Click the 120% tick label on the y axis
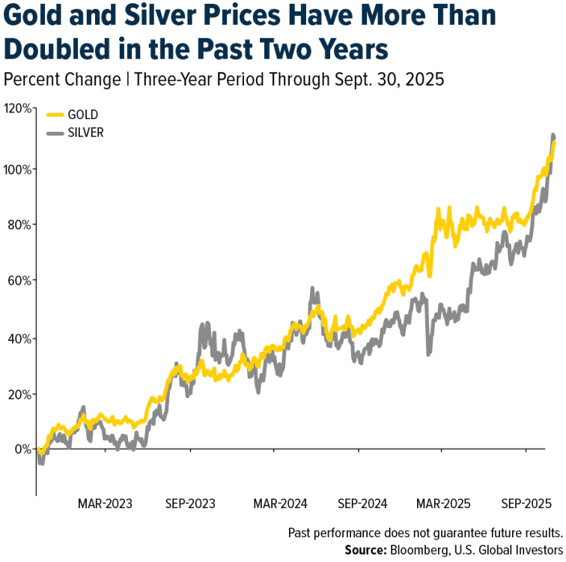(x=16, y=109)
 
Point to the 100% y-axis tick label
(x=16, y=168)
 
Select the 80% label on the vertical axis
(x=19, y=224)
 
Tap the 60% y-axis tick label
(x=19, y=281)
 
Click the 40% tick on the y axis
(x=19, y=338)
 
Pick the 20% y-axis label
(x=19, y=394)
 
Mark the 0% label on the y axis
(x=22, y=450)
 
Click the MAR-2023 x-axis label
(x=105, y=503)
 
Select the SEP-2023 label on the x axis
(x=191, y=503)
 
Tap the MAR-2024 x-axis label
(x=277, y=503)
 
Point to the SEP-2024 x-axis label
(x=362, y=503)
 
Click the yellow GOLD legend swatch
(x=55, y=115)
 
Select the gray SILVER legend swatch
(x=55, y=133)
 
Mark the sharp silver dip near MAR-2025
(x=428, y=354)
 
